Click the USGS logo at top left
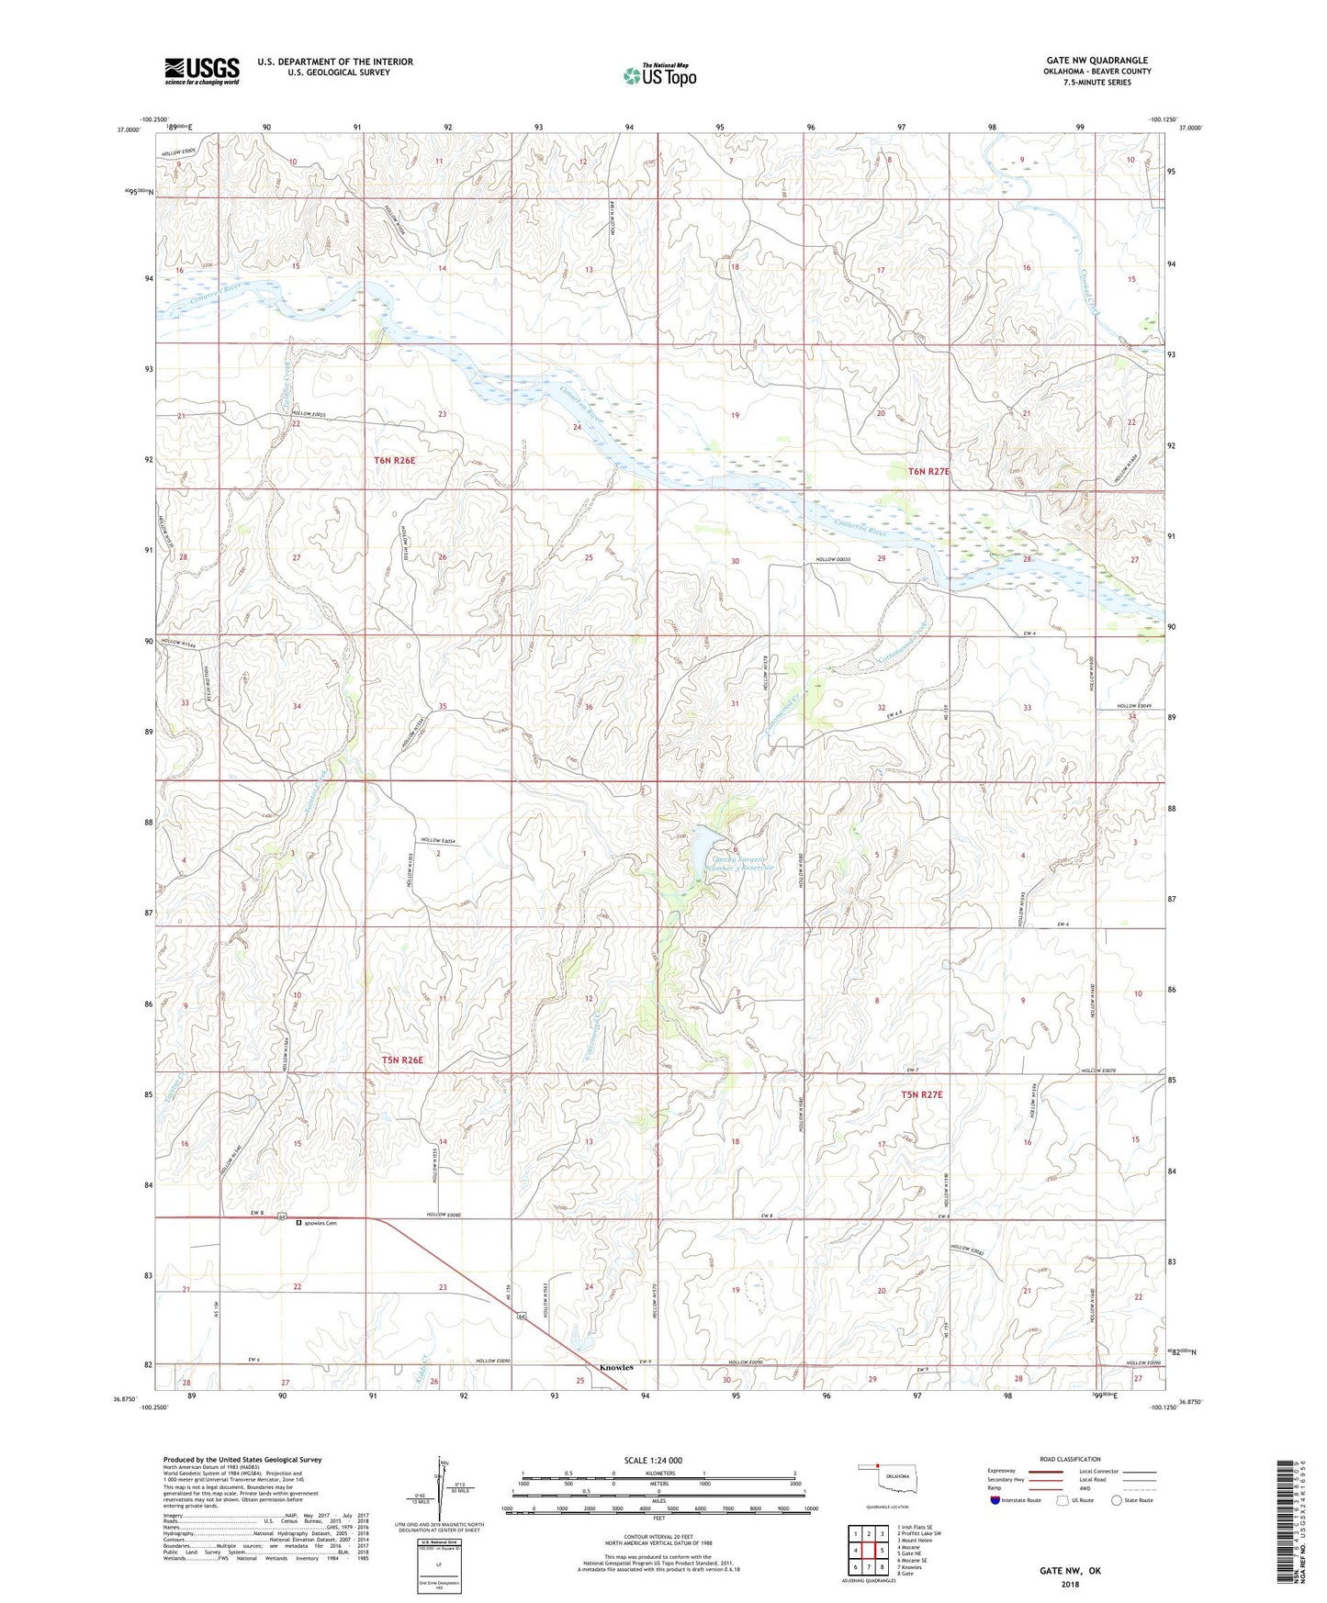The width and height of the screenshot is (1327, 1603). (x=201, y=71)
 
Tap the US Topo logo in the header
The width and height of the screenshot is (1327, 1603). (x=659, y=75)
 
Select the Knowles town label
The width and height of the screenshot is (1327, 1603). (x=616, y=1367)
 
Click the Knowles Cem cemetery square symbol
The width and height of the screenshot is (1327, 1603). (x=298, y=1223)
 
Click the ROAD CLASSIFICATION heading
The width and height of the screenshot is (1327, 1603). (x=1069, y=1459)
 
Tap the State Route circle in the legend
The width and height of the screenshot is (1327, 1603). (x=1117, y=1500)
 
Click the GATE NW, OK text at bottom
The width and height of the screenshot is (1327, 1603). (x=1070, y=1571)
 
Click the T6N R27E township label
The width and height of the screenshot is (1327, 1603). (x=928, y=471)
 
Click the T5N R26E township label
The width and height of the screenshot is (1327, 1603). (x=402, y=1060)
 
